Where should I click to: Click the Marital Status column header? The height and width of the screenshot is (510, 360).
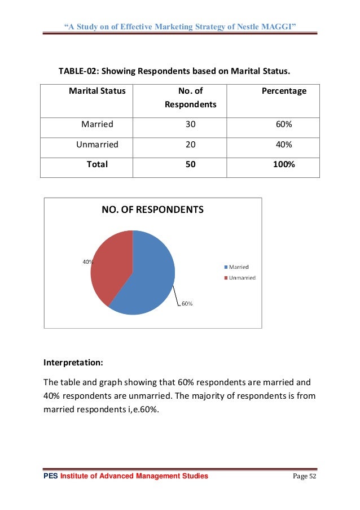click(97, 90)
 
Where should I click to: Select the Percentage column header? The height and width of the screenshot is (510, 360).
click(284, 90)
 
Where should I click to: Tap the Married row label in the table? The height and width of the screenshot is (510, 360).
click(97, 124)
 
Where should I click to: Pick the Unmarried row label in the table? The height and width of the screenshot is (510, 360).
click(97, 144)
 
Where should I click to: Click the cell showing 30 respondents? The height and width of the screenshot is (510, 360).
click(191, 124)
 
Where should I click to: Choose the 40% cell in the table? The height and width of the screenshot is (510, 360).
click(284, 144)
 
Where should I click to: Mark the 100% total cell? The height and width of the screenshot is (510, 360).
click(284, 164)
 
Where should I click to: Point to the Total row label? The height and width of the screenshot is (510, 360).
click(97, 164)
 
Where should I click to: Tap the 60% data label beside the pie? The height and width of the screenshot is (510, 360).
click(187, 304)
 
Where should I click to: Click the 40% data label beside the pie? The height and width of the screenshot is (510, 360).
click(87, 261)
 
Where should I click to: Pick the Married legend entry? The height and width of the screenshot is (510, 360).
click(238, 267)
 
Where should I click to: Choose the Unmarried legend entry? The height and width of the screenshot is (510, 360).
click(241, 277)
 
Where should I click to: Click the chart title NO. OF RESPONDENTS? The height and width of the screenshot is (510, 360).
click(152, 210)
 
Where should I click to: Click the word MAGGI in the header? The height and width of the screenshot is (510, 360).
click(278, 10)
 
